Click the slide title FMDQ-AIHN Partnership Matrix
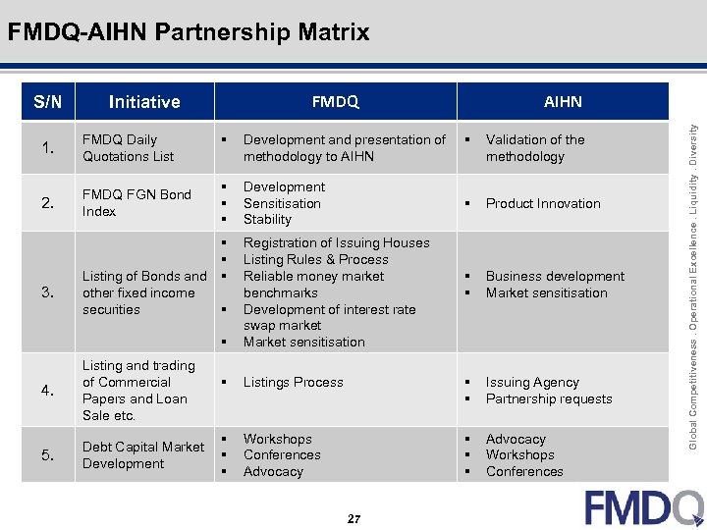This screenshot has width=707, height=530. click(189, 32)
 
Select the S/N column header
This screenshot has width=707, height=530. click(47, 101)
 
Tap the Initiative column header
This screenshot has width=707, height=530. click(144, 101)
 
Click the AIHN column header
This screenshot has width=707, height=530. click(563, 101)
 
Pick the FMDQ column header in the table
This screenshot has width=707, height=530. click(335, 101)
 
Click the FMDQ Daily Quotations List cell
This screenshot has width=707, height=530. click(128, 148)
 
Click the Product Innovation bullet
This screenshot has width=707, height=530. click(542, 203)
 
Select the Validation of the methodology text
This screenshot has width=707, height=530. click(534, 148)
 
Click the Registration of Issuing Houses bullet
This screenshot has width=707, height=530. click(336, 242)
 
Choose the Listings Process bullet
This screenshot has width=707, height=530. click(293, 382)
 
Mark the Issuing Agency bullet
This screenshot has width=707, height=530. click(531, 382)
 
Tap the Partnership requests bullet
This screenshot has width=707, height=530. click(548, 398)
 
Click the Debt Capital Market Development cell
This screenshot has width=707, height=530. click(142, 455)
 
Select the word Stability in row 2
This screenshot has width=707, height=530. click(267, 220)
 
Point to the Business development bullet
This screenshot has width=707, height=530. click(554, 276)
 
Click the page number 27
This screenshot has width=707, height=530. click(353, 518)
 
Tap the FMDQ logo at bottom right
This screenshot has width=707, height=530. click(643, 506)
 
